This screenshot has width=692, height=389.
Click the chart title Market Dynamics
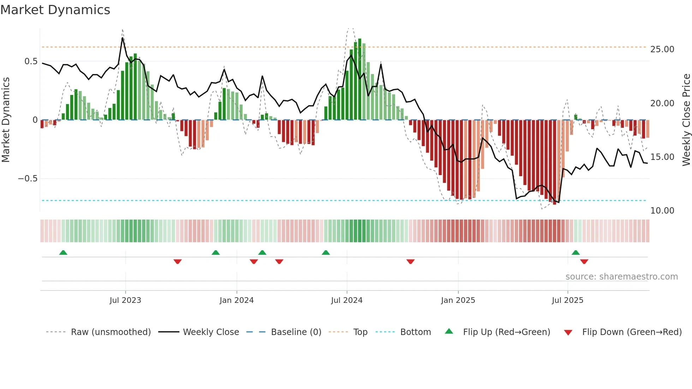tap(55, 10)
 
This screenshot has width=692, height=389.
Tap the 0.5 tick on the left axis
tap(31, 61)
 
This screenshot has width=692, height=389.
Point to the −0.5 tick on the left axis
tap(28, 179)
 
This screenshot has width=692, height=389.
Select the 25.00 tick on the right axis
tap(662, 49)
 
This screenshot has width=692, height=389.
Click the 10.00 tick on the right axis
tap(662, 211)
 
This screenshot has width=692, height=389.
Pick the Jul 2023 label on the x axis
tap(125, 300)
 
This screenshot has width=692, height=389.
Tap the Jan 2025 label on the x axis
tap(458, 300)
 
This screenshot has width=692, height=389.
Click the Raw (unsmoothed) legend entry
tap(111, 332)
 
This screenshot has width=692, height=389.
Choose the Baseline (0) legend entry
tap(296, 332)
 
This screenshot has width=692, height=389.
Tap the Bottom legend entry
tap(415, 332)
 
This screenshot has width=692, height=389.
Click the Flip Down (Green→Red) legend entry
tap(632, 332)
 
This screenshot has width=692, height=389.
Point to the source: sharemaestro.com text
tap(621, 277)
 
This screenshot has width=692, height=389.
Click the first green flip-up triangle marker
tap(63, 253)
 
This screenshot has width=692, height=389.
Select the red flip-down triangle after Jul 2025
tap(584, 262)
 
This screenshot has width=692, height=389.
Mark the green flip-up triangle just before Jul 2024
tap(326, 253)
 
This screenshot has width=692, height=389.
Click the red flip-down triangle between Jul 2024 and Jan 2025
tap(410, 262)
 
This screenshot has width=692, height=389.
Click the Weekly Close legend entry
tap(211, 332)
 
